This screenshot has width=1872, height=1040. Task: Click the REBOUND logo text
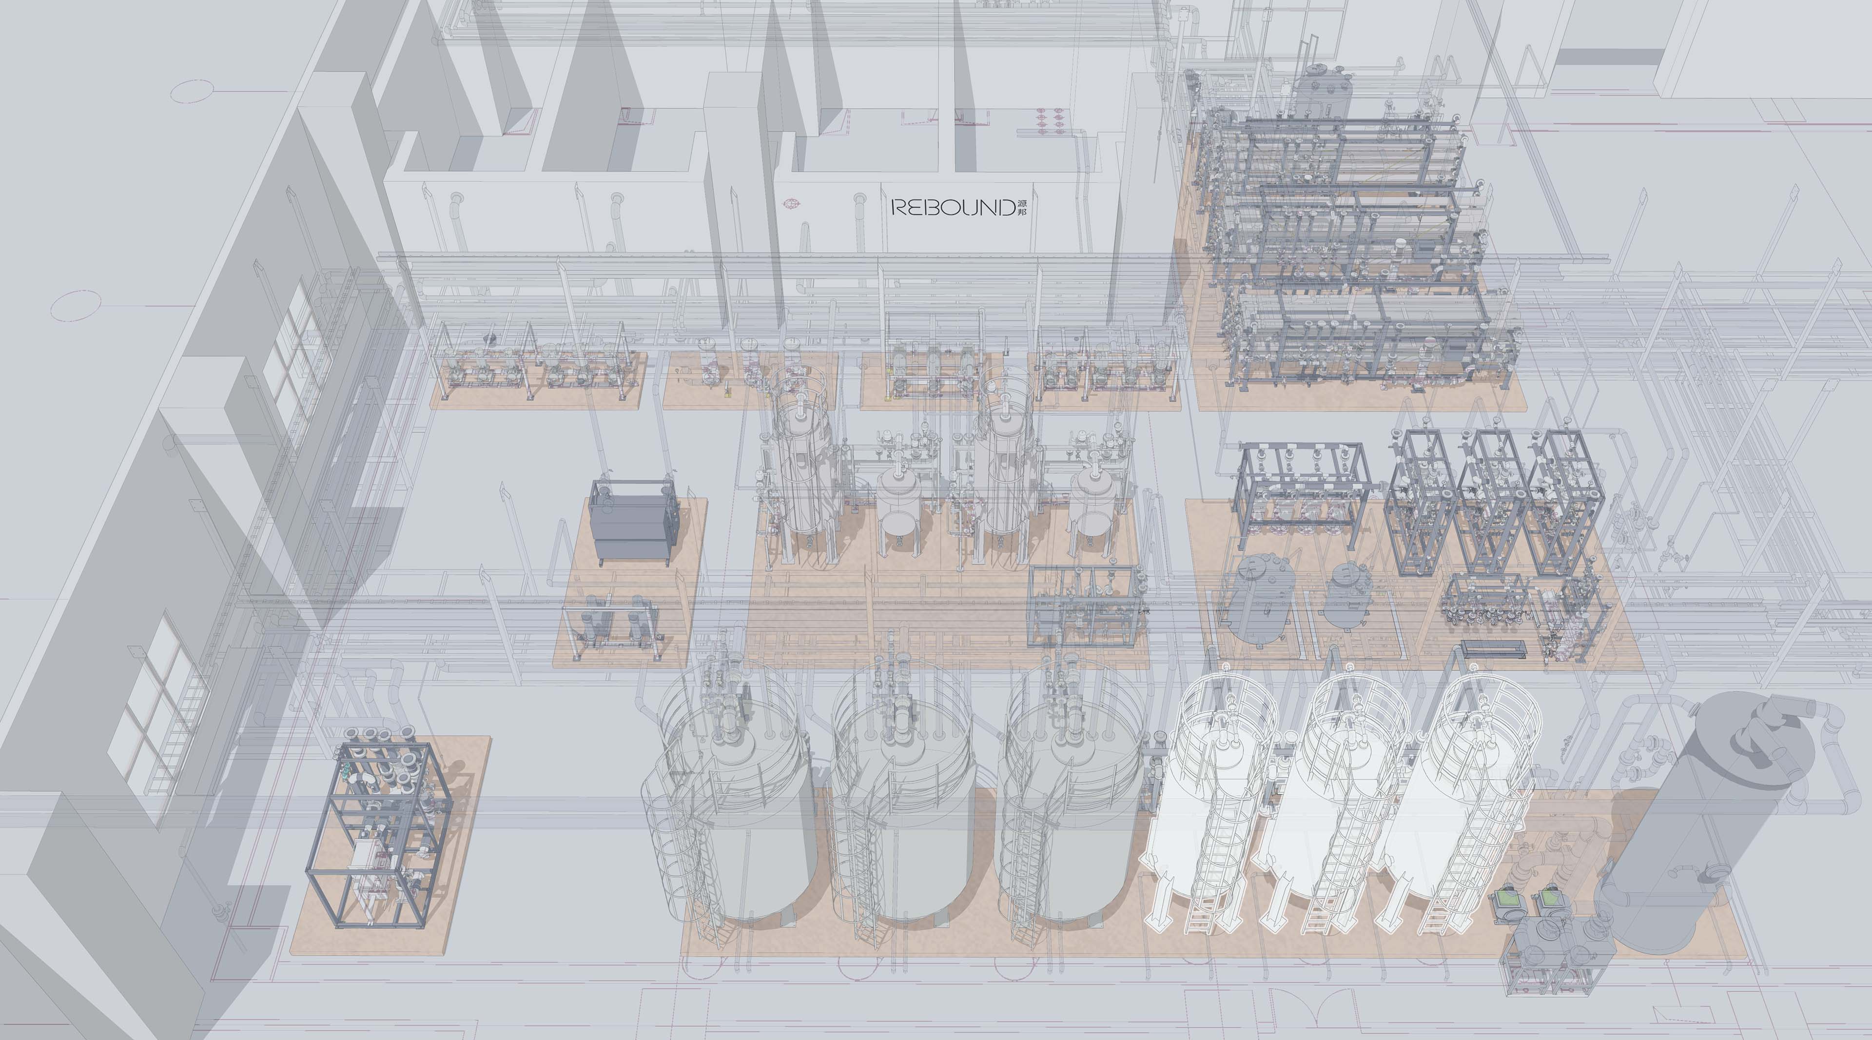coord(952,208)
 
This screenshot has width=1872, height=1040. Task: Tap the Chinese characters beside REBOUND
coord(1022,207)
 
